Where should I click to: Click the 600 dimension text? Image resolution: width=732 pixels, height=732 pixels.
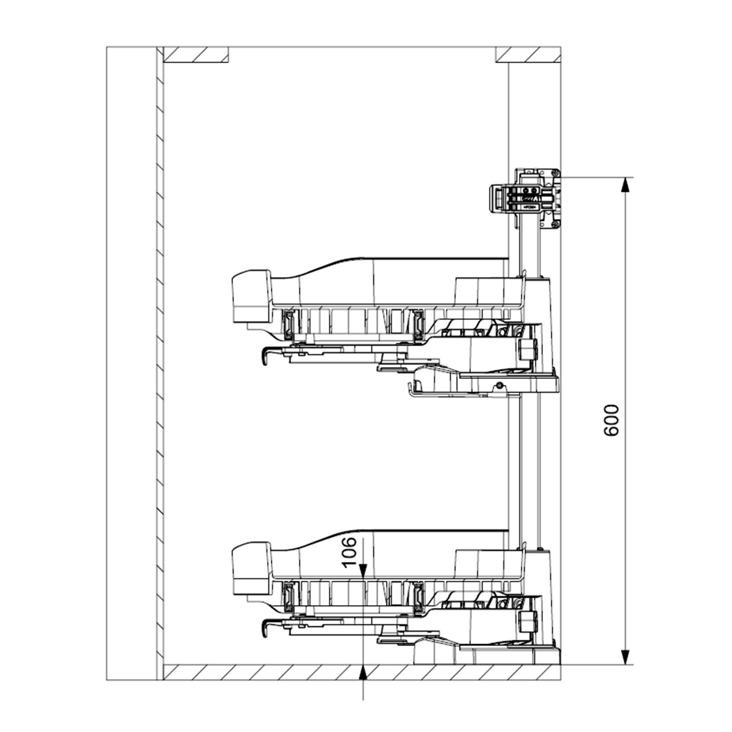(611, 420)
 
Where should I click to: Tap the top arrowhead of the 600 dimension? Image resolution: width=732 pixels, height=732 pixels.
(625, 187)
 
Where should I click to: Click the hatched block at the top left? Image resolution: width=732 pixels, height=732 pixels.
(196, 55)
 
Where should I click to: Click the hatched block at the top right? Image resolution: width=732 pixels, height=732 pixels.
(528, 55)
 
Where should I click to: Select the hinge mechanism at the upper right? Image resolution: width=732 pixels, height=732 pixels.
(526, 199)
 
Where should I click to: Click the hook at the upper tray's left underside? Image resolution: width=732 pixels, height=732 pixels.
(265, 356)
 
